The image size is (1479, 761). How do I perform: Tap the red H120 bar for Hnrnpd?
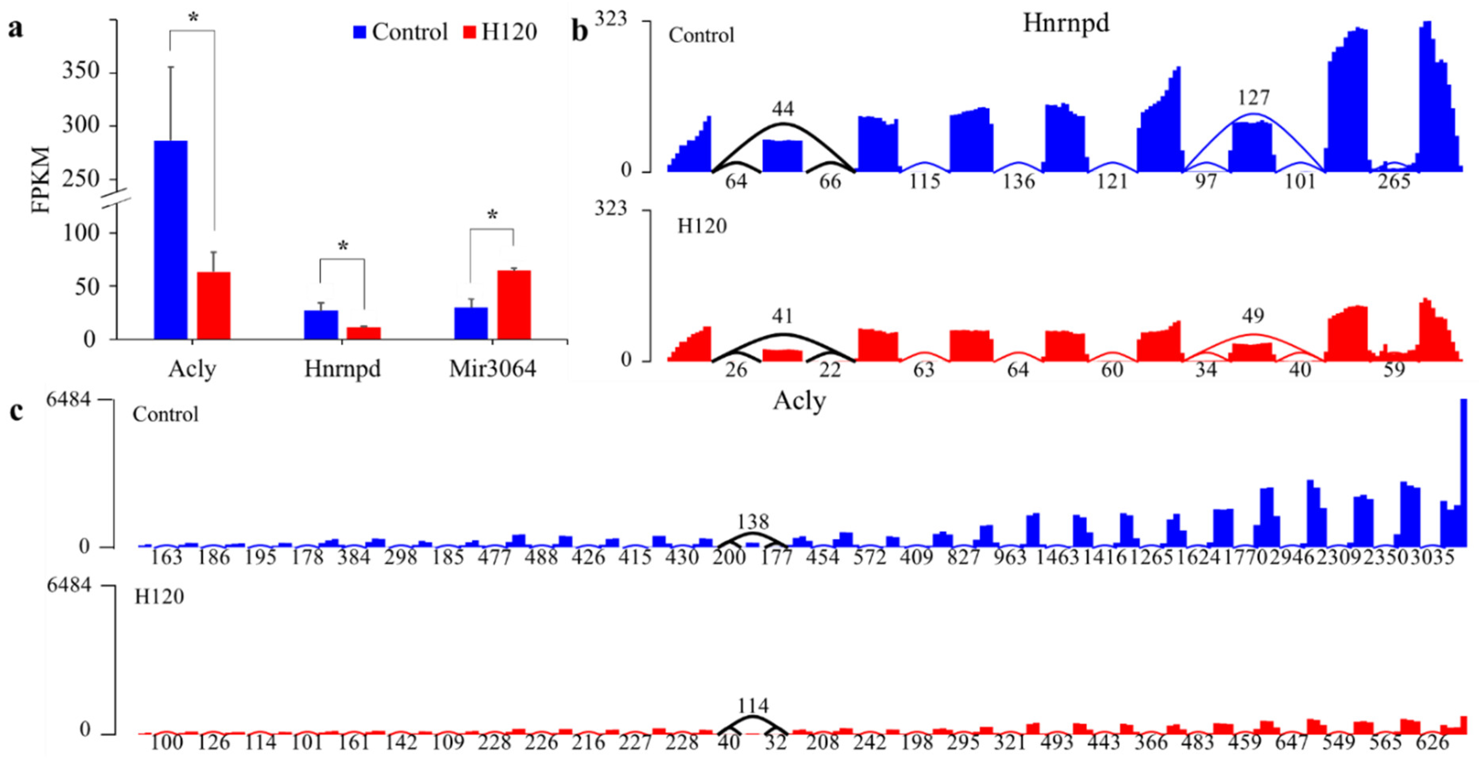click(x=363, y=333)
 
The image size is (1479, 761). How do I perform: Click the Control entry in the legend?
click(x=400, y=32)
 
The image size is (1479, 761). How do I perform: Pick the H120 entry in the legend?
click(x=500, y=32)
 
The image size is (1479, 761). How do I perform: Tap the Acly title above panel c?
click(x=799, y=401)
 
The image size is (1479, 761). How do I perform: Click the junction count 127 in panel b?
click(x=1253, y=98)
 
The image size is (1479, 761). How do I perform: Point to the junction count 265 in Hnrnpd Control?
click(x=1394, y=182)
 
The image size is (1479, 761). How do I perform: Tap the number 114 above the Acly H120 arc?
click(x=753, y=706)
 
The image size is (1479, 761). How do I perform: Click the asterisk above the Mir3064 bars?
click(x=492, y=216)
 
